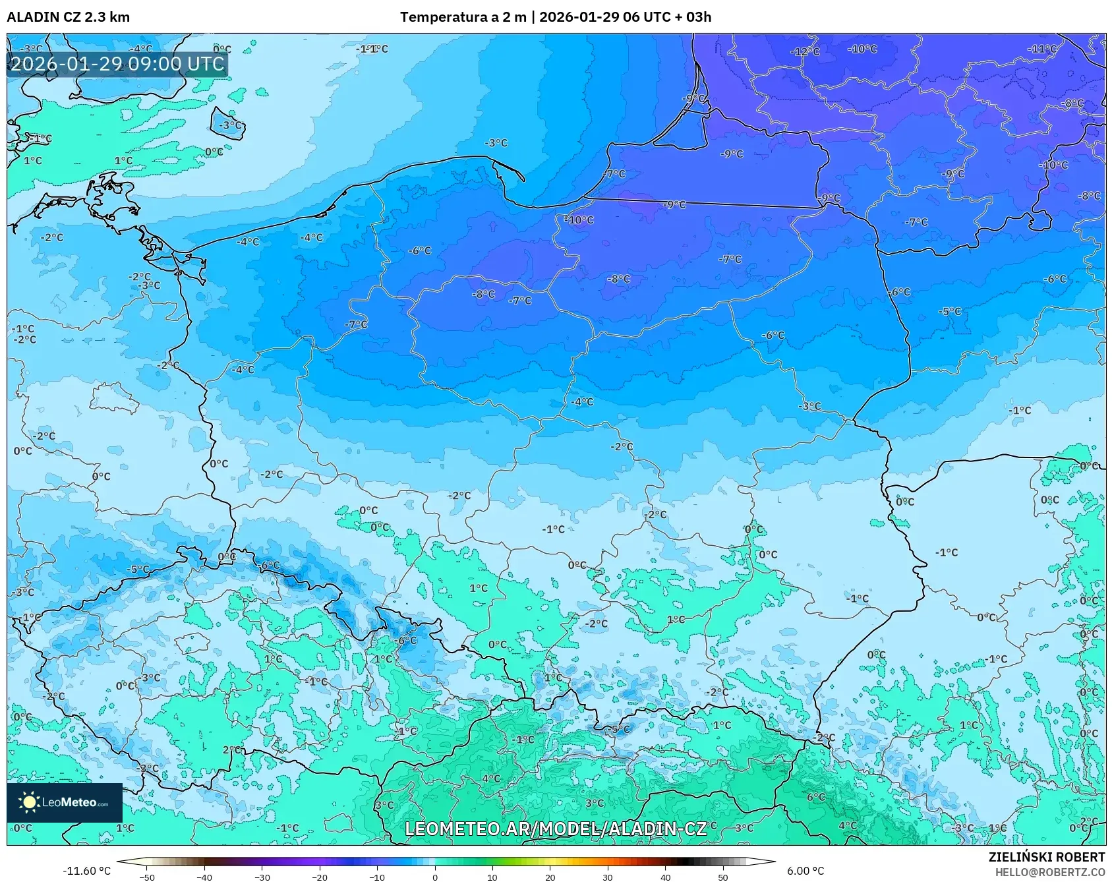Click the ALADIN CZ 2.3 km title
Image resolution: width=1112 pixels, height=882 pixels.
pos(68,17)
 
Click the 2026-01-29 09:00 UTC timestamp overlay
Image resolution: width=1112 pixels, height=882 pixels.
pos(117,64)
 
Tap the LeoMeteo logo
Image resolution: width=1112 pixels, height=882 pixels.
pos(65,802)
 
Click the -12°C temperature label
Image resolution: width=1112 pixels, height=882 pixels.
pos(805,51)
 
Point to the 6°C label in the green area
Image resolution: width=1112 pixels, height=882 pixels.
pos(816,797)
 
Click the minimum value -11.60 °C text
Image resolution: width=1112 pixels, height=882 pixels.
pos(86,871)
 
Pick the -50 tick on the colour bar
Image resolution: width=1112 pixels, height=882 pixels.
pos(147,877)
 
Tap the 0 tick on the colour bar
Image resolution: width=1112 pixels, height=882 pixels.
pos(434,877)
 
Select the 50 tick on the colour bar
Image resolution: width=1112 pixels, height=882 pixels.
pos(722,877)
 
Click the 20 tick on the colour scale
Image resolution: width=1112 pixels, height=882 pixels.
pos(550,877)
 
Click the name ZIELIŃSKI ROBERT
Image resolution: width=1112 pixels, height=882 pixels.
pos(1046,857)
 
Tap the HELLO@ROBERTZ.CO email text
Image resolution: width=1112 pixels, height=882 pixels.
pos(1049,872)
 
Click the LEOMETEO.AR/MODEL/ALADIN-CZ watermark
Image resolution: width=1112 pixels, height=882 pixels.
pos(555,829)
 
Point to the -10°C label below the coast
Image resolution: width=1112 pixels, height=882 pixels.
pos(579,220)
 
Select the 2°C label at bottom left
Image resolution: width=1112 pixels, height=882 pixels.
pos(231,750)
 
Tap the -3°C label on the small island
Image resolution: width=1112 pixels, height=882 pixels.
pos(230,125)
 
